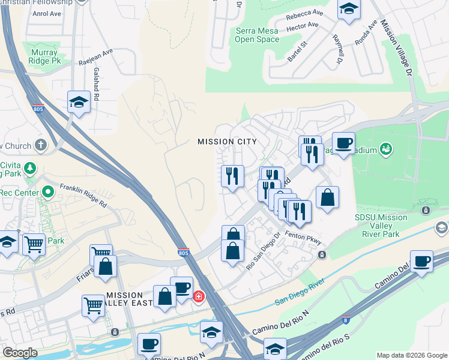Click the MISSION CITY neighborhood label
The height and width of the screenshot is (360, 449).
point(228,142)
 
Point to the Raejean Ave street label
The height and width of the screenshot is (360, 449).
point(95,62)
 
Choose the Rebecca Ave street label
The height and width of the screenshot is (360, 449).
point(304,14)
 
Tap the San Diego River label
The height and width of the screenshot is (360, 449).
point(300,291)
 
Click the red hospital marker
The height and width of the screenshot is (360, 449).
point(198,296)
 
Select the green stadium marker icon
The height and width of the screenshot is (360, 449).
point(386,148)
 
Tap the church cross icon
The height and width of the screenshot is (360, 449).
point(40,145)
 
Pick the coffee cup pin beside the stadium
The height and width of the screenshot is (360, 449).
point(343,143)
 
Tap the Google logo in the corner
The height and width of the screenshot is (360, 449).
point(20,352)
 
